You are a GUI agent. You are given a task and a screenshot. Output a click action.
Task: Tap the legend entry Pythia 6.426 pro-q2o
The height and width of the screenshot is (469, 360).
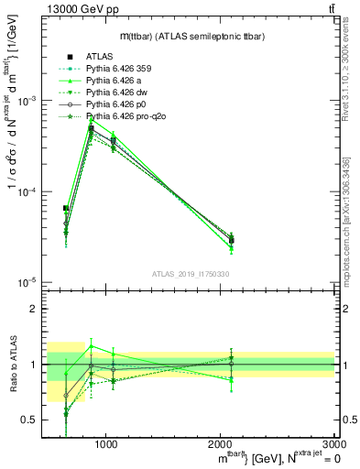pyautogui.click(x=124, y=116)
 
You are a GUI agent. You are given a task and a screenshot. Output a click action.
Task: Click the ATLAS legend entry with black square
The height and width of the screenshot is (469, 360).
pyautogui.click(x=101, y=56)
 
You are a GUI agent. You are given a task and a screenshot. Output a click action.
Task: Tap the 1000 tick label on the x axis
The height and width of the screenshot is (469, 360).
pyautogui.click(x=107, y=443)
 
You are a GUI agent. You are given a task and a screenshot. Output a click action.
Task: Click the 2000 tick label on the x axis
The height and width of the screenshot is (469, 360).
pyautogui.click(x=221, y=443)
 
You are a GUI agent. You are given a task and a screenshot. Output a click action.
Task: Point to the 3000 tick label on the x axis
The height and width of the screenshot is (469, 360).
pyautogui.click(x=332, y=443)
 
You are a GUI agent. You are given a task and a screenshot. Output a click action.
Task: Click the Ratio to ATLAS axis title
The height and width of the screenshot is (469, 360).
pyautogui.click(x=13, y=364)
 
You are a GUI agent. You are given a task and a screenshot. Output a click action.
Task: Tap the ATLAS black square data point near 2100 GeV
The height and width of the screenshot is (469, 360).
pyautogui.click(x=232, y=240)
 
